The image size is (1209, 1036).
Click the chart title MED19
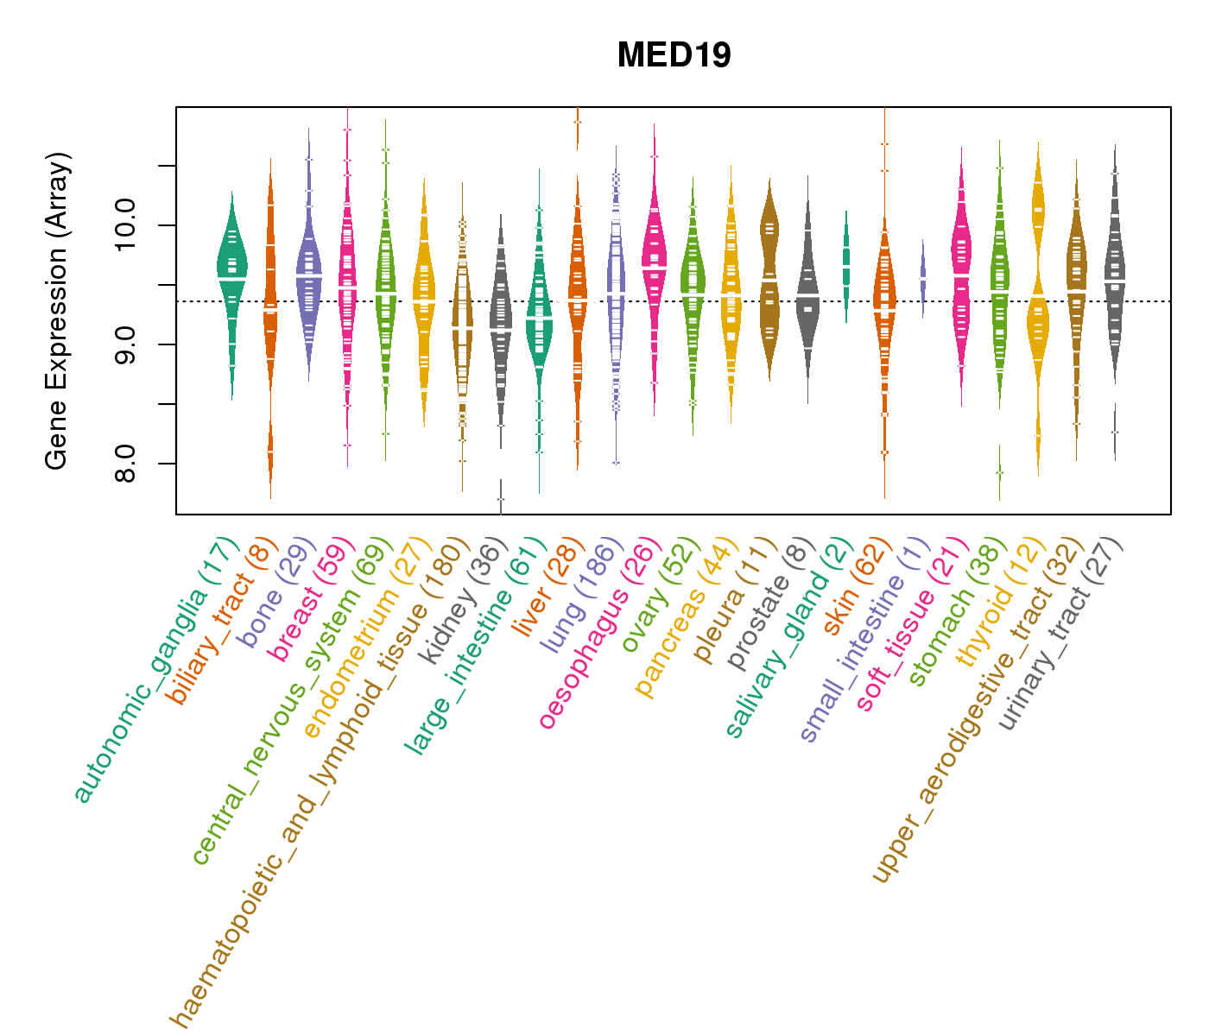point(674,55)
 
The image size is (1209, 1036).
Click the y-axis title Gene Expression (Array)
point(57,311)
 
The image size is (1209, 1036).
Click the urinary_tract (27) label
point(1063,635)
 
